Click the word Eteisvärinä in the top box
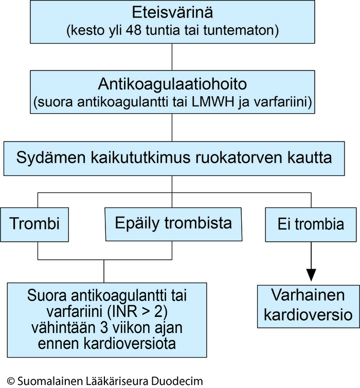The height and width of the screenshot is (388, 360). pos(172,12)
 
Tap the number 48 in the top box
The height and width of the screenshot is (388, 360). pos(134,30)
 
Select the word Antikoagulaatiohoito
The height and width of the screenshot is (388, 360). pos(172,84)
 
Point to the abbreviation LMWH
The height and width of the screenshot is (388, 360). pos(213,102)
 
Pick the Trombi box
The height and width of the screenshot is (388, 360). pos(34,224)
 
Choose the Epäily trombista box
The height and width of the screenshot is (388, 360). pos(174,224)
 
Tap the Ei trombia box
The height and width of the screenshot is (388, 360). pos(311,224)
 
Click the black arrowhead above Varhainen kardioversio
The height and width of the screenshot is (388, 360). pos(311,275)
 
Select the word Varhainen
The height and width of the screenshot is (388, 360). pos(308,295)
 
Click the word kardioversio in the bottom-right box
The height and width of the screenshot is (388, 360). pos(308,315)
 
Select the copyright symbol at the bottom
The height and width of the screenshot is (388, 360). pos(11,381)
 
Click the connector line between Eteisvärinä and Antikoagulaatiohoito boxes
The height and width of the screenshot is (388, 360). pos(172,57)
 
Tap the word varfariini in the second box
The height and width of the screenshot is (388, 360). pos(283,102)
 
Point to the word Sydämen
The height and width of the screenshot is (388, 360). pos(51,158)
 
